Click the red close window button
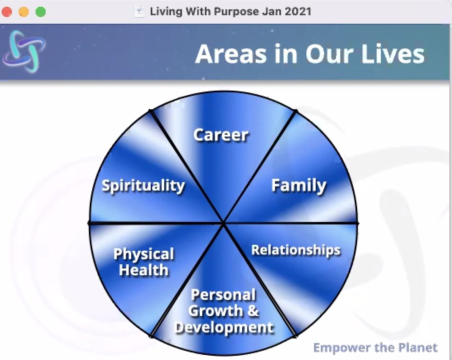(x=7, y=12)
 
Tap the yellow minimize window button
(x=24, y=12)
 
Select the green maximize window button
(x=40, y=12)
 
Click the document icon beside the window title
(x=140, y=11)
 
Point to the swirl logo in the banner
(x=24, y=51)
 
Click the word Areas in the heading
(x=231, y=54)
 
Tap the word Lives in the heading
(x=393, y=54)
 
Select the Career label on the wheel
(x=221, y=135)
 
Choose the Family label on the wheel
(x=299, y=186)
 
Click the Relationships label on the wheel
(x=296, y=250)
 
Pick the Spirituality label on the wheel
(x=143, y=186)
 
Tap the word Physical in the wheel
(x=144, y=255)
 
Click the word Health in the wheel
(x=144, y=270)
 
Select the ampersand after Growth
(x=253, y=311)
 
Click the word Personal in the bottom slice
(x=223, y=295)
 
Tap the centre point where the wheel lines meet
(x=223, y=223)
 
